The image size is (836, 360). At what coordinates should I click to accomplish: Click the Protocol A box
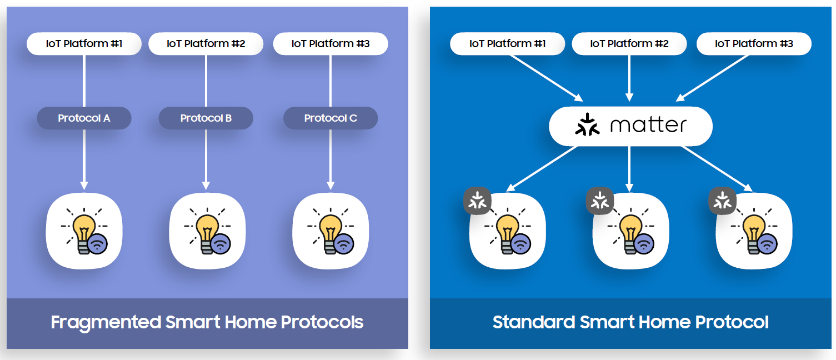click(84, 118)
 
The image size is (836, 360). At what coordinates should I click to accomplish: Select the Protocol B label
click(206, 118)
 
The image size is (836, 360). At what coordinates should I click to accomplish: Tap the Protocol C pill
click(331, 118)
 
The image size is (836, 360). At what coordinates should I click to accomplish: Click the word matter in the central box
click(648, 126)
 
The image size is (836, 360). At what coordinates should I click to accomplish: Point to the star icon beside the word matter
click(588, 125)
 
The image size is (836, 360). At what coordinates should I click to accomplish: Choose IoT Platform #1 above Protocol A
click(84, 44)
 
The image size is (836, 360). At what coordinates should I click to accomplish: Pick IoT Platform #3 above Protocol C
click(331, 44)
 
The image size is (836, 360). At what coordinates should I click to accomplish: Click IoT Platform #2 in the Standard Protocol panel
click(629, 44)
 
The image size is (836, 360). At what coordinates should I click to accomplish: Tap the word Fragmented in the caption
click(106, 322)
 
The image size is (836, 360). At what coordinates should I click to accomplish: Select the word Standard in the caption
click(533, 322)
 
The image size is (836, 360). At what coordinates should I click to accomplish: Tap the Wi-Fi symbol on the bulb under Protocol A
click(98, 243)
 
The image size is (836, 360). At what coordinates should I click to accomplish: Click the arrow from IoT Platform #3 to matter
click(713, 78)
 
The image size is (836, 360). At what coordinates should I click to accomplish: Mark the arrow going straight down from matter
click(629, 167)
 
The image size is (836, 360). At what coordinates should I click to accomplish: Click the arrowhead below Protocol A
click(84, 184)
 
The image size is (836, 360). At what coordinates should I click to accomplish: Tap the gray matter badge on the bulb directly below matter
click(599, 201)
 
